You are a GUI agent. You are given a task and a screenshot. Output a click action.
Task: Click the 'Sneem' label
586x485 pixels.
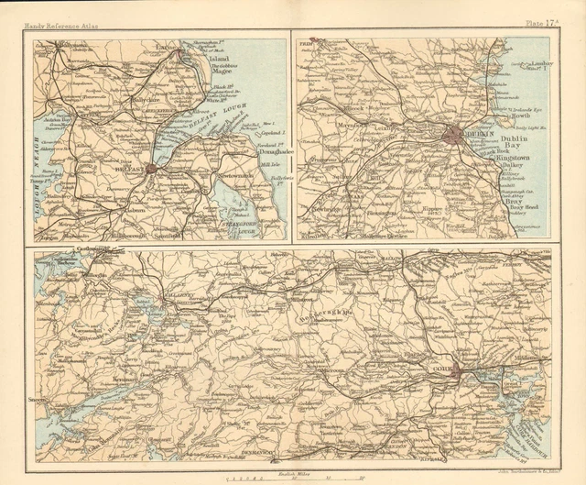[45, 399]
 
